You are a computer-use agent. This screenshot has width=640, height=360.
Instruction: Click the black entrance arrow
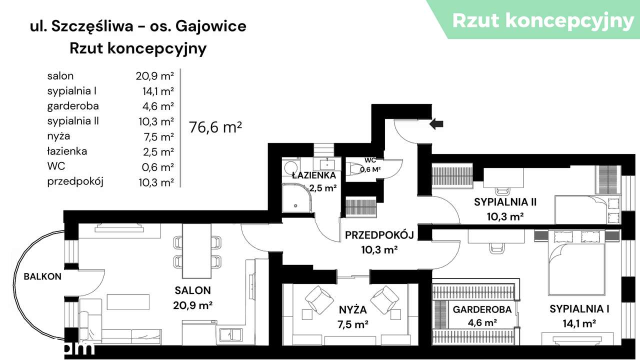(x=436, y=123)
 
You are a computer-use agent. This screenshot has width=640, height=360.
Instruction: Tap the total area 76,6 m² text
(x=215, y=127)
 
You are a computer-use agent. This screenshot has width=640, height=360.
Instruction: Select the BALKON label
(x=42, y=276)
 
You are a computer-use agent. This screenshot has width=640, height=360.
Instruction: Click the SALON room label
(x=193, y=290)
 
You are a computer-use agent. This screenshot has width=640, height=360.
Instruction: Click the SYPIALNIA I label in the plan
(x=579, y=309)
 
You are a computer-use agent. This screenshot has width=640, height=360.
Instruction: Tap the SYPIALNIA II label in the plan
(x=505, y=202)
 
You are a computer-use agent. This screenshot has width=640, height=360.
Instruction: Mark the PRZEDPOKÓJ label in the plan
(x=379, y=235)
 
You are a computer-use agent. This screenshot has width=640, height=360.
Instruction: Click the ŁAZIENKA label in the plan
(x=314, y=175)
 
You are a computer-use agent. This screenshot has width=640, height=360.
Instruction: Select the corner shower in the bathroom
(x=296, y=197)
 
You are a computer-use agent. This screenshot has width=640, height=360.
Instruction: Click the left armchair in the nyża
(x=318, y=299)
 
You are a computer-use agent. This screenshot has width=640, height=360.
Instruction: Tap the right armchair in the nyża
(x=384, y=299)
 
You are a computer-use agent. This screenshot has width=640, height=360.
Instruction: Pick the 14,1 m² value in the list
(x=158, y=91)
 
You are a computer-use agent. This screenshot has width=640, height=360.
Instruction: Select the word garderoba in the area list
(x=73, y=106)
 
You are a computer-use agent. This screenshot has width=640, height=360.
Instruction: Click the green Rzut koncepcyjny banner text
(x=543, y=20)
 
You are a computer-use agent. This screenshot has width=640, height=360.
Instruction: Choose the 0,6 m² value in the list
(x=158, y=166)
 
